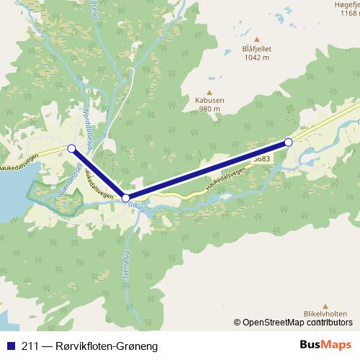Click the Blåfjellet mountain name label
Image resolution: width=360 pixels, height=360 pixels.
pyautogui.click(x=256, y=49)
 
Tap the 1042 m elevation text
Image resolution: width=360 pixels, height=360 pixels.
pyautogui.click(x=256, y=58)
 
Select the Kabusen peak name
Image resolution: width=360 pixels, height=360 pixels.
pyautogui.click(x=210, y=101)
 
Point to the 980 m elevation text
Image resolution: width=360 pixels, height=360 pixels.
pyautogui.click(x=210, y=109)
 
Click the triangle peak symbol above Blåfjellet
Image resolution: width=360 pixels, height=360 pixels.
pyautogui.click(x=256, y=39)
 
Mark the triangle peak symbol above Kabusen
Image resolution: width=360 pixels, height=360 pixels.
pyautogui.click(x=210, y=91)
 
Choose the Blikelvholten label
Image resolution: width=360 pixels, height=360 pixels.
pyautogui.click(x=325, y=314)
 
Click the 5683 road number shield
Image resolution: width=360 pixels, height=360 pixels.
pyautogui.click(x=262, y=156)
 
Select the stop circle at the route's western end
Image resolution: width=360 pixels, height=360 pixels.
pyautogui.click(x=71, y=148)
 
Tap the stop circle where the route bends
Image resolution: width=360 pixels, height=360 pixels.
pyautogui.click(x=125, y=197)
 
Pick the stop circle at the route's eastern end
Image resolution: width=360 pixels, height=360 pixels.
pyautogui.click(x=289, y=143)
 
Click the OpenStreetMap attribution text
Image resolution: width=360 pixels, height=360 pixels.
pyautogui.click(x=292, y=323)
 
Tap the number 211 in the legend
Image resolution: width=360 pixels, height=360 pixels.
pyautogui.click(x=29, y=346)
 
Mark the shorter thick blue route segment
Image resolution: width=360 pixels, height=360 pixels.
pyautogui.click(x=98, y=173)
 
